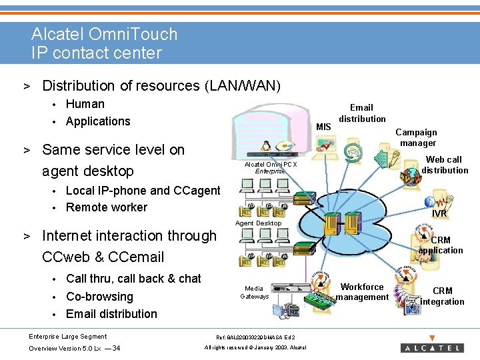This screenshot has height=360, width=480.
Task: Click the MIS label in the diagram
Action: tap(323, 127)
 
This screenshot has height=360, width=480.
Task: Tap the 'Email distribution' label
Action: tap(362, 113)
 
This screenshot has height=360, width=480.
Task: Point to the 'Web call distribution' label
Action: tap(445, 165)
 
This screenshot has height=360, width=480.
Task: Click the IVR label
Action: tap(439, 213)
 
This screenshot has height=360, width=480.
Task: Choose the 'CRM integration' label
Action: tap(442, 296)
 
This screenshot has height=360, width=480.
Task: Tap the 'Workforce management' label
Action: tap(362, 292)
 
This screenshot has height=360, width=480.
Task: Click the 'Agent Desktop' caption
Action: tap(259, 223)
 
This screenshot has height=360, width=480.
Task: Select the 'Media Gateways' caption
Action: tap(254, 292)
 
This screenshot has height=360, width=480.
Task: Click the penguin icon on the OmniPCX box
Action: tap(266, 145)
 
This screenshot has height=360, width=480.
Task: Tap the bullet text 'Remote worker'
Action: tap(107, 207)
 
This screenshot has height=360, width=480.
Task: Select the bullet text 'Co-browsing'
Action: tap(100, 297)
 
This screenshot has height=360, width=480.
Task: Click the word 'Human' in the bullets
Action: tap(85, 104)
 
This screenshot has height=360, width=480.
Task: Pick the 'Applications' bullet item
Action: tap(98, 121)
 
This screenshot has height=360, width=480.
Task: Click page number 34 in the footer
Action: tap(117, 348)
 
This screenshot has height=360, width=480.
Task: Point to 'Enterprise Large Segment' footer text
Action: tap(67, 336)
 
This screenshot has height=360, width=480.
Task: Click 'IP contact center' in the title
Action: tap(97, 53)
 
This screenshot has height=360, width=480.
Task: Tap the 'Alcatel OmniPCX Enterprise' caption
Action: tap(271, 167)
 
